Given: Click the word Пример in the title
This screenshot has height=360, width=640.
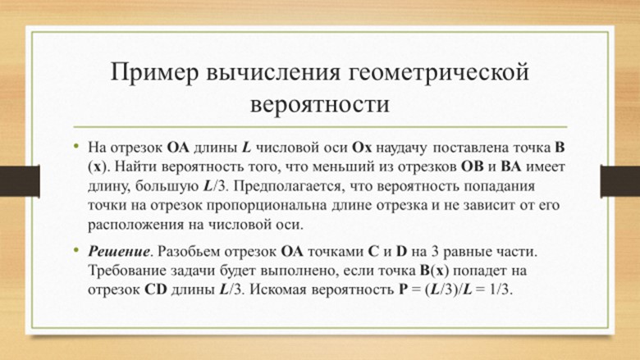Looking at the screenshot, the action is [x=154, y=73].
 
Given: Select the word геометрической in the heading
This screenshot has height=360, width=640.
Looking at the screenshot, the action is [x=439, y=73].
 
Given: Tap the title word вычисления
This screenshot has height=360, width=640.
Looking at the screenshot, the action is [x=272, y=72].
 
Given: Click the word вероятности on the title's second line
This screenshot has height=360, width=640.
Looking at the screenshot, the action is [x=320, y=104].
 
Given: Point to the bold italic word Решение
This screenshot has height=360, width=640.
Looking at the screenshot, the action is [x=119, y=251].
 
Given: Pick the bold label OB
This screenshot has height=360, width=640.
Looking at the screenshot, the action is [x=473, y=166].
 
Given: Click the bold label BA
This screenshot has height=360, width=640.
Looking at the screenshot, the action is [x=510, y=166].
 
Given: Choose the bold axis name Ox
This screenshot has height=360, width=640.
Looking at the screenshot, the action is [x=362, y=147].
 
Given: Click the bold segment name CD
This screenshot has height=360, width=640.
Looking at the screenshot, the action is [x=156, y=289].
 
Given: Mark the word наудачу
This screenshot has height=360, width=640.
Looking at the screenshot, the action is [x=401, y=148].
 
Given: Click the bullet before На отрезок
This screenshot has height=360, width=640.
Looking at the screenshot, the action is [x=76, y=146].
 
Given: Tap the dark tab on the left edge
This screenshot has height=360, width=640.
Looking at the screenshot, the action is [x=20, y=181].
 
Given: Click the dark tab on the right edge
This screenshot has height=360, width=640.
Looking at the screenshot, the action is [x=620, y=181].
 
